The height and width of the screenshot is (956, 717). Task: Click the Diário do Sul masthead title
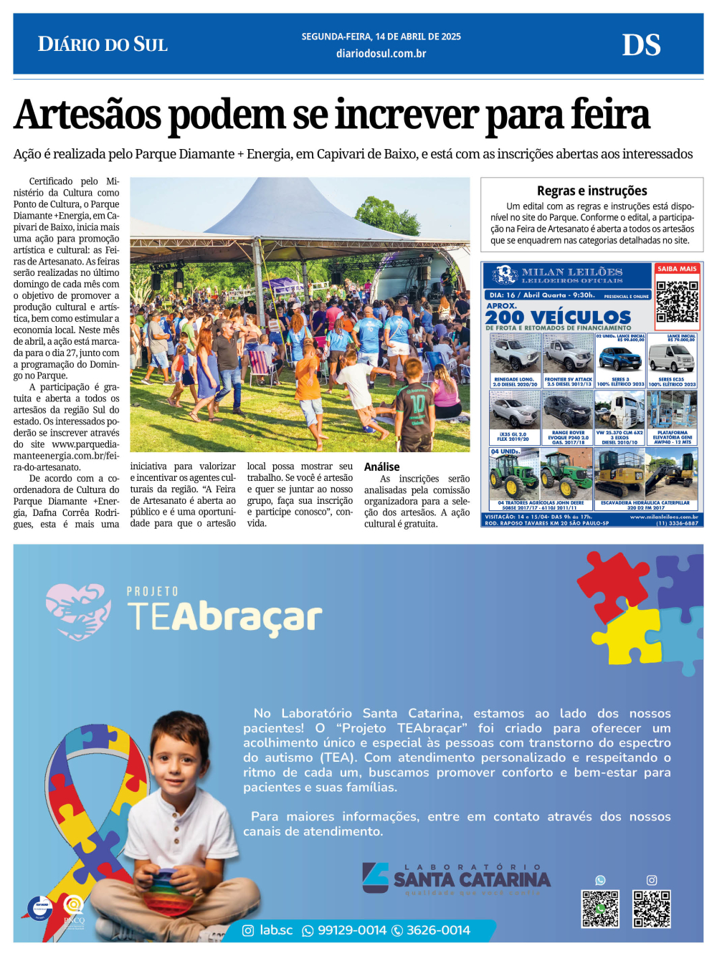tap(103, 44)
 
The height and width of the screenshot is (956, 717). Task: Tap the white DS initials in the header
tap(641, 45)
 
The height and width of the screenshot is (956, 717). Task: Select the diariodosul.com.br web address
tap(381, 54)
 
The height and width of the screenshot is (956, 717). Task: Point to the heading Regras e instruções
tap(592, 191)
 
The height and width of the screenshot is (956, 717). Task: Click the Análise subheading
tap(381, 467)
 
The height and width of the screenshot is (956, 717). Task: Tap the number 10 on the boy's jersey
tap(417, 404)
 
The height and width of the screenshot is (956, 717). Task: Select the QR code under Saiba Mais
tap(677, 301)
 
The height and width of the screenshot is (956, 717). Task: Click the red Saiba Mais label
tap(677, 269)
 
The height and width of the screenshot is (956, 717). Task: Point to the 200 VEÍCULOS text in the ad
tap(558, 317)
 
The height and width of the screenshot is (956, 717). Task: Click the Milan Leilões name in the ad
tap(571, 272)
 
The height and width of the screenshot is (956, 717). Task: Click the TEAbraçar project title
tap(224, 616)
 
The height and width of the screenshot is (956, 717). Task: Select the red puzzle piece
tap(614, 585)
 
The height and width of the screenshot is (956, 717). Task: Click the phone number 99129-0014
tap(351, 930)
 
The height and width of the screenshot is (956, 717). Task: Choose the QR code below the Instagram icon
tap(651, 909)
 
